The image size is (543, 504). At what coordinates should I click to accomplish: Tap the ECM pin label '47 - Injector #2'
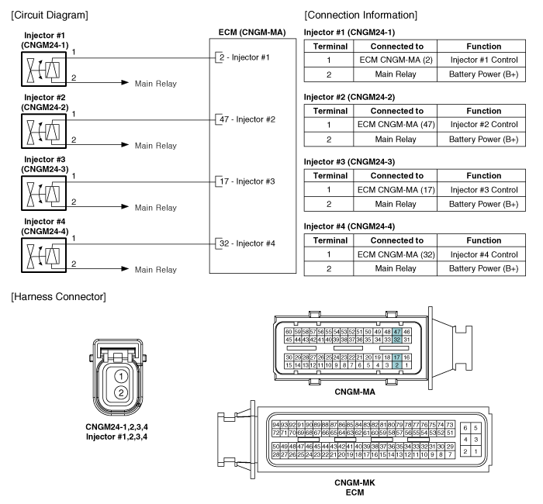(247, 119)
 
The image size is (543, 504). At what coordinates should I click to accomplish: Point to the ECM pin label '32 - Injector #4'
(247, 243)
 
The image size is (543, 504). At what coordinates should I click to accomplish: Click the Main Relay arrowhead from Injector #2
(125, 144)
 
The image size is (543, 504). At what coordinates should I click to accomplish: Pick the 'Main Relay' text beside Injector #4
(156, 270)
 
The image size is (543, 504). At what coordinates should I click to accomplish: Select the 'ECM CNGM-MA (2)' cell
(396, 60)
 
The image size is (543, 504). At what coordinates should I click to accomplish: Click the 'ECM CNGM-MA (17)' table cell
(396, 190)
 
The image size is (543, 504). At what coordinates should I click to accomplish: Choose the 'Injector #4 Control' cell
(484, 254)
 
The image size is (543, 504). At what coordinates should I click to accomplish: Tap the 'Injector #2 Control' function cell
(484, 125)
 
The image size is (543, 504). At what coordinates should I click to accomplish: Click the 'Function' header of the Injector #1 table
(484, 47)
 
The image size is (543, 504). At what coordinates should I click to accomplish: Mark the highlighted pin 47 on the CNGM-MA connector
(397, 332)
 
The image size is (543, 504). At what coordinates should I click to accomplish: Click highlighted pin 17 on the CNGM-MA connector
(397, 357)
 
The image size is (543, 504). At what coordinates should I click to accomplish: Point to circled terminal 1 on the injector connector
(121, 376)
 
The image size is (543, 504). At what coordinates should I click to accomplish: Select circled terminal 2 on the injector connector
(121, 392)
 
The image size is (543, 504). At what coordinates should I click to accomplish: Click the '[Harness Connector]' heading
(58, 297)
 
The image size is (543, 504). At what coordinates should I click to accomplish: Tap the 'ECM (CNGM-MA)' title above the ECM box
(252, 33)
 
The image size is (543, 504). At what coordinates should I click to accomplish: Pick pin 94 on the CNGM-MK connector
(275, 425)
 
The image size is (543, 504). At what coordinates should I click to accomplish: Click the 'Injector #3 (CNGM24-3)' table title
(349, 161)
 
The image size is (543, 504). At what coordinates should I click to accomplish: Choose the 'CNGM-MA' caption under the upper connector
(355, 392)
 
